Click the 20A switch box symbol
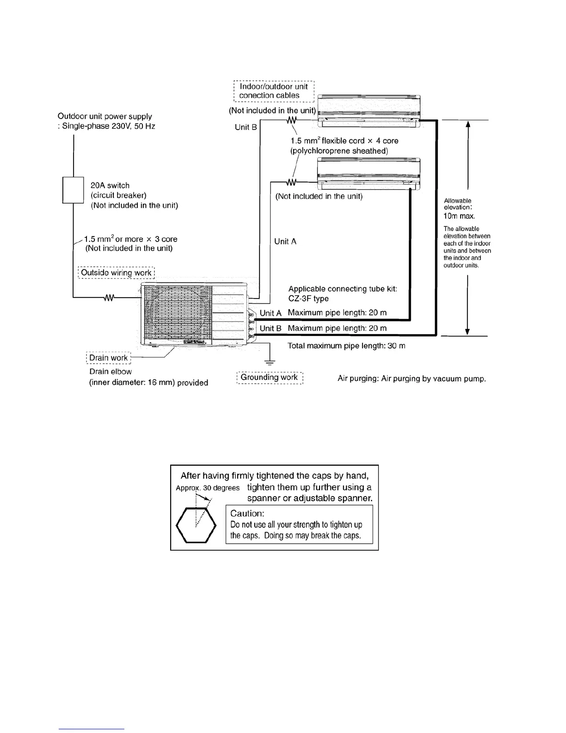pos(73,190)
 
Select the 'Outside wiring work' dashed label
pos(116,273)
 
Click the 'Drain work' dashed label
pos(109,358)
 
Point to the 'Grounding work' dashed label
pos(270,378)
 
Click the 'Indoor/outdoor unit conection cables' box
pos(274,91)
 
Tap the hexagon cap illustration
pos(197,525)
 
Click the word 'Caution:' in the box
pos(247,513)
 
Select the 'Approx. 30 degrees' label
pos(208,488)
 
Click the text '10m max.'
pos(459,216)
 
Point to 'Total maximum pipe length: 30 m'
pos(346,346)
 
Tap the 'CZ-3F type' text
pos(308,298)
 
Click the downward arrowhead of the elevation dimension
pos(468,331)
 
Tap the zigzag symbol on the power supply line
pos(109,298)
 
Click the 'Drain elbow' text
pos(111,372)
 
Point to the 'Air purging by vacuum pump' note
pos(412,379)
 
